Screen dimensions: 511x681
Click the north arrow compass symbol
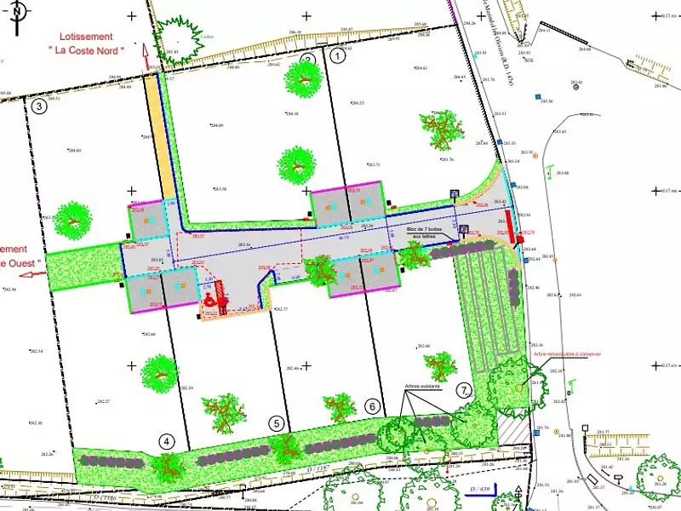[x=19, y=12]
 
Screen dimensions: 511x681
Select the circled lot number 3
[x=38, y=107]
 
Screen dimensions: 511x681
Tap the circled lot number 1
[x=338, y=56]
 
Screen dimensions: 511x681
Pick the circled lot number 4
[x=167, y=441]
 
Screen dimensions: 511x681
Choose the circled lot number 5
[x=275, y=422]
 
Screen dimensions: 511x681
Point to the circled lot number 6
[x=372, y=407]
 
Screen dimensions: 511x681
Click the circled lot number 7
[x=464, y=391]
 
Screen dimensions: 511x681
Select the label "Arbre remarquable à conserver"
[x=568, y=353]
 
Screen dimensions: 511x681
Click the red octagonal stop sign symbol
[x=520, y=240]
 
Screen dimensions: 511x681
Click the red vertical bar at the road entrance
[x=509, y=224]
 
